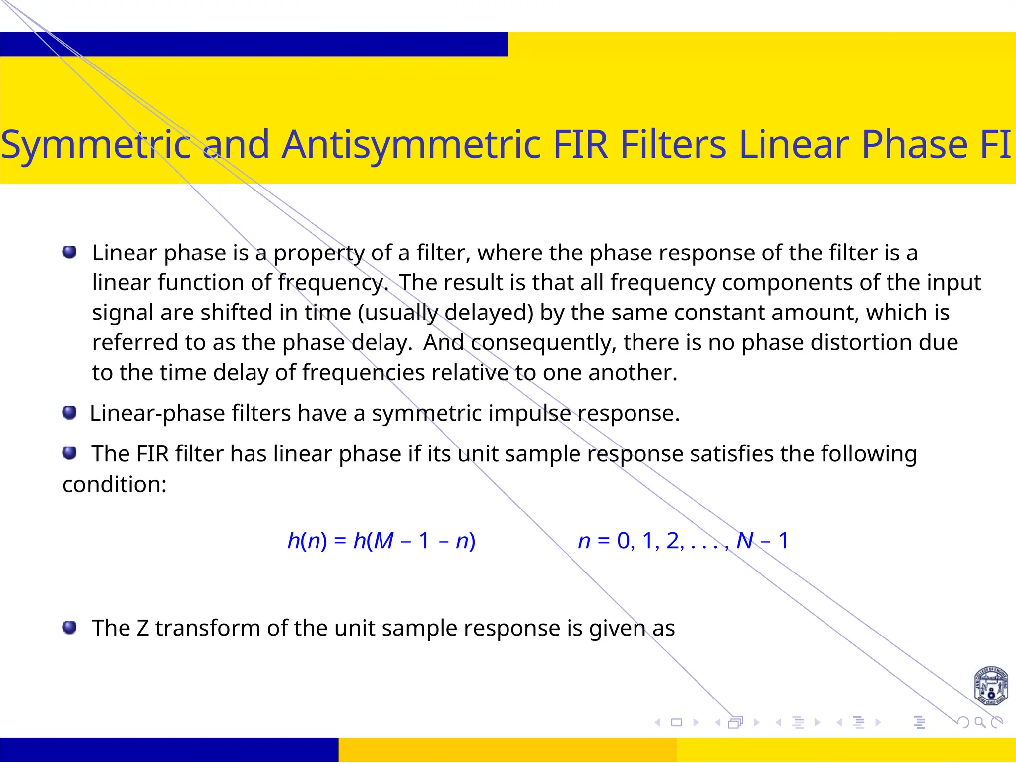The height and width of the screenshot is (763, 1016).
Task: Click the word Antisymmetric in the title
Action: tap(411, 144)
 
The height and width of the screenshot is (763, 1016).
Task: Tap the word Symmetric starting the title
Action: tap(95, 144)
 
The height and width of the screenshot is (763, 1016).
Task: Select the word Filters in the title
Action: tap(673, 144)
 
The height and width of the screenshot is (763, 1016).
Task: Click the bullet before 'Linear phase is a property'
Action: tap(69, 252)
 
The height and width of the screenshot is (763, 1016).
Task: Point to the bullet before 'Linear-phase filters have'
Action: tap(69, 412)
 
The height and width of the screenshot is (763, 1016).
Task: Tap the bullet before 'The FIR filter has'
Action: tap(69, 453)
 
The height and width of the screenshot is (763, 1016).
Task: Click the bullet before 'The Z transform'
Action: tap(69, 628)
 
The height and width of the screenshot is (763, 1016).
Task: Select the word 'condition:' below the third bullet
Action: tap(115, 484)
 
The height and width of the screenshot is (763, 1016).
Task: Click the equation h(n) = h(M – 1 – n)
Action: tap(381, 541)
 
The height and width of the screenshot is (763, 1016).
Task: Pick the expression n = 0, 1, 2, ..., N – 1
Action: tap(683, 541)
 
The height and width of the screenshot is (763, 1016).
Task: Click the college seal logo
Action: tap(990, 687)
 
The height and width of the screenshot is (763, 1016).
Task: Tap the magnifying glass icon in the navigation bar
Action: tap(979, 722)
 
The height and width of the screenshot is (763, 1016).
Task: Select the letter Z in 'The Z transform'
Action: tap(142, 628)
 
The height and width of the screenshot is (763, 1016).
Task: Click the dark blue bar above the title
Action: tap(254, 44)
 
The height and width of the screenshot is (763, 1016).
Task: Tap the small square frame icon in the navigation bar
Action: tap(676, 722)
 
